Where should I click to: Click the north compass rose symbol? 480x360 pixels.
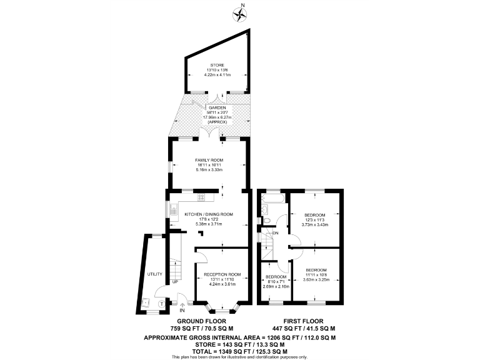coord(241,12)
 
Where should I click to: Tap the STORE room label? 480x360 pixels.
coord(217,65)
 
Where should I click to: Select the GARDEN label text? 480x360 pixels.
coord(217,108)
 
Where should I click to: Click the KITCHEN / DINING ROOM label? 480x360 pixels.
coord(209,214)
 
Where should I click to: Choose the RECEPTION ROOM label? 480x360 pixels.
coord(218,274)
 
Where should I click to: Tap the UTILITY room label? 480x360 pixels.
coord(154,274)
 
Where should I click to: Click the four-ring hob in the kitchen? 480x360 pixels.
coord(202,198)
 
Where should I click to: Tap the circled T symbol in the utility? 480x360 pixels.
coord(161,304)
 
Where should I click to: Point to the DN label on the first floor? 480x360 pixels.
coord(274,233)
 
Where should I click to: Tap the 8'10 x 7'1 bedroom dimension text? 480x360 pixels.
coord(276,282)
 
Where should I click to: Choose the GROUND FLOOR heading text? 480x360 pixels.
coord(202,321)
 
